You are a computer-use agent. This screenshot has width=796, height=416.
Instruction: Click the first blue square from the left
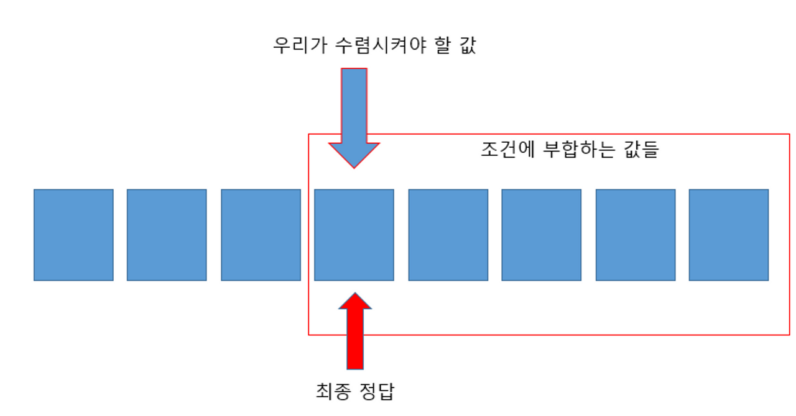click(73, 235)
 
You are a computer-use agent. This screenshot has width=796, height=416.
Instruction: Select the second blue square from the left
click(167, 235)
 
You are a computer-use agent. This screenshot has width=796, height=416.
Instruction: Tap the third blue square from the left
click(261, 235)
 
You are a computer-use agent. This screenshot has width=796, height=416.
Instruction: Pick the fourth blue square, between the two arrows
click(354, 235)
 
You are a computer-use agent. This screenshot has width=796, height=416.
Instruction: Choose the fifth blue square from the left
click(448, 235)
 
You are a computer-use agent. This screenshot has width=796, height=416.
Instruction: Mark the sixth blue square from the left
click(541, 235)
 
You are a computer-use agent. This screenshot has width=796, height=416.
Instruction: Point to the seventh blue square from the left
click(635, 235)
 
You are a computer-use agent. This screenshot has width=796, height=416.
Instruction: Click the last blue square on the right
click(729, 235)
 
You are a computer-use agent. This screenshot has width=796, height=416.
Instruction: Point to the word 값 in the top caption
click(466, 46)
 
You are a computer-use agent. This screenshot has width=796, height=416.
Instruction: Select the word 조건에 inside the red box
click(504, 150)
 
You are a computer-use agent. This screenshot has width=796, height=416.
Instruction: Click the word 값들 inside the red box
click(640, 150)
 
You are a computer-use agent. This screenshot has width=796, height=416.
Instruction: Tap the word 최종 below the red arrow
click(334, 392)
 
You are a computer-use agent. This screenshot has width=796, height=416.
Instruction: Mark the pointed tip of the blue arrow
click(354, 166)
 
